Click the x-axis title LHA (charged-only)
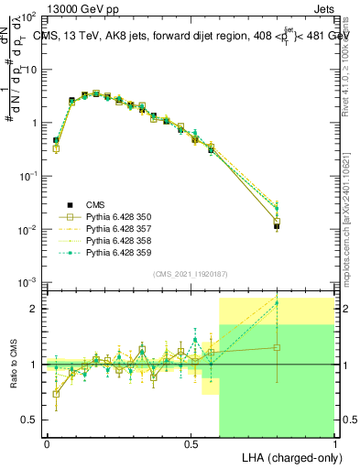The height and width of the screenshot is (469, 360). [287, 456]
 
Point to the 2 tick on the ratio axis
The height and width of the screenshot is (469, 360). [35, 309]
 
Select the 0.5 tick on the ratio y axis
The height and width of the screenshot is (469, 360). [31, 420]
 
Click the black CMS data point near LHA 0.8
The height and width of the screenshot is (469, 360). [277, 225]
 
